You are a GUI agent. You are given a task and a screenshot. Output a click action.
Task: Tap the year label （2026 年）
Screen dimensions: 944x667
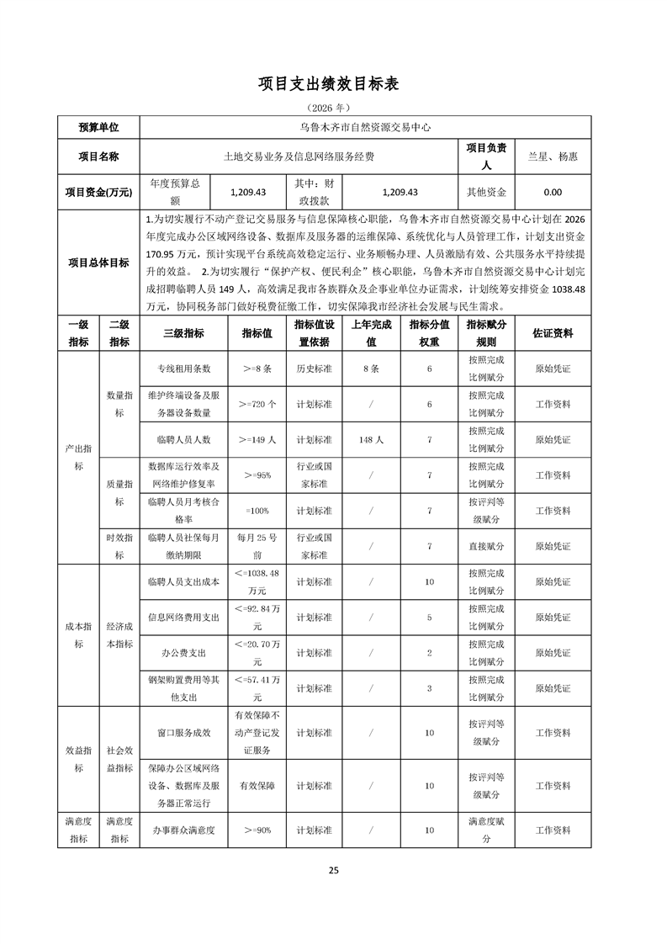333,108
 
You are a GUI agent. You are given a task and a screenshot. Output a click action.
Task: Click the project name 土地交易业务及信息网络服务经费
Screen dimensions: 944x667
299,156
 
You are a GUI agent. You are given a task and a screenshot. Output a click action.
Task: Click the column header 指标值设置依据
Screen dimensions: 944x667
315,333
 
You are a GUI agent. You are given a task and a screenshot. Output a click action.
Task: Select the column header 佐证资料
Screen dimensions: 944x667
553,333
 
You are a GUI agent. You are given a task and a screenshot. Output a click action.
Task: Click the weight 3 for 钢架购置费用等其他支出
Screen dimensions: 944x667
429,688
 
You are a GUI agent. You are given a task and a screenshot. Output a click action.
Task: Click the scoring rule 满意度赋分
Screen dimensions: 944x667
487,830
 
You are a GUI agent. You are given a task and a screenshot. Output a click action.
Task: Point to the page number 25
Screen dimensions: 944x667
333,870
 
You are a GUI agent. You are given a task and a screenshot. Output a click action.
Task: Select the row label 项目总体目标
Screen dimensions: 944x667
98,263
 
